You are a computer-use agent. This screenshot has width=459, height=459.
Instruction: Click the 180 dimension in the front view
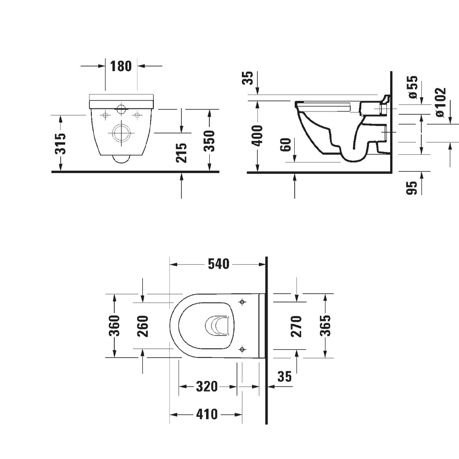[x=121, y=66]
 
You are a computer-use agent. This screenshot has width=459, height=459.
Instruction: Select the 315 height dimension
[x=61, y=144]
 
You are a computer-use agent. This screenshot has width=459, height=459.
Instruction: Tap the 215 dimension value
[x=182, y=152]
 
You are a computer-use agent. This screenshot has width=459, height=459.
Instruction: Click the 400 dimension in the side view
[x=258, y=135]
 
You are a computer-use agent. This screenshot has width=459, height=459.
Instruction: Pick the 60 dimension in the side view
[x=286, y=146]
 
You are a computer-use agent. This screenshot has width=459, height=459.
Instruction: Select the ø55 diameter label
[x=413, y=87]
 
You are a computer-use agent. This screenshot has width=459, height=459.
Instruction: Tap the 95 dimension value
[x=412, y=187]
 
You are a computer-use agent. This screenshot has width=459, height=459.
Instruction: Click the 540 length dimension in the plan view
[x=218, y=264]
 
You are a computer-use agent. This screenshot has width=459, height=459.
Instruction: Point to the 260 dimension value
[x=143, y=326]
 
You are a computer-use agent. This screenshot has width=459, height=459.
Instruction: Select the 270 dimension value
[x=297, y=326]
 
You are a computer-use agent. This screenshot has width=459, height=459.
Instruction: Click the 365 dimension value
[x=325, y=325]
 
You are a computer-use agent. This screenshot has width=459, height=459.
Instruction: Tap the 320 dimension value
[x=207, y=387]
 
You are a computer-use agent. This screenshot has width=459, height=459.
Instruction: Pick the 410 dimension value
[x=207, y=414]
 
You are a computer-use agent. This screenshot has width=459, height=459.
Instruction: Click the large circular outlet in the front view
[x=121, y=133]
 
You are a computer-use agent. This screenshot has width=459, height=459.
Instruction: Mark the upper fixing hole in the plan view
[x=242, y=302]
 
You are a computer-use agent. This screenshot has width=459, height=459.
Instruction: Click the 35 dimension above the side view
[x=248, y=78]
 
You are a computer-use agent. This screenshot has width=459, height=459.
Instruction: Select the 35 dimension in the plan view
[x=285, y=376]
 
